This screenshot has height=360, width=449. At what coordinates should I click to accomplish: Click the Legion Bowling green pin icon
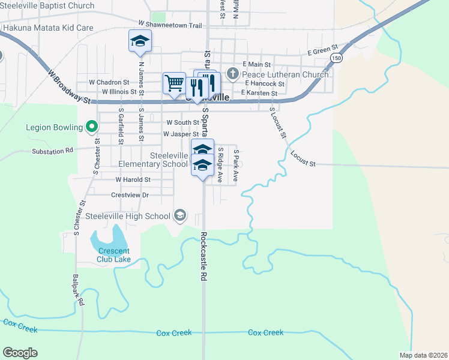tap(91, 127)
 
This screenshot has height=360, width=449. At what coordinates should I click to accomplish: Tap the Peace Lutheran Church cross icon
tap(232, 75)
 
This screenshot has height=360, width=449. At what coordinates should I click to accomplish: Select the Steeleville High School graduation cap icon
tap(179, 215)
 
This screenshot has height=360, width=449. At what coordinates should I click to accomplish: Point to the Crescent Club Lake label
tap(114, 255)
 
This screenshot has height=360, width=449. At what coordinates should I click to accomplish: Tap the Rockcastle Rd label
tap(204, 257)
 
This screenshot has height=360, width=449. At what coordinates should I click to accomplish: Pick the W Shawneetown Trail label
tap(170, 25)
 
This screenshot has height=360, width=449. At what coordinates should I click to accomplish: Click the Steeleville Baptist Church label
tap(47, 6)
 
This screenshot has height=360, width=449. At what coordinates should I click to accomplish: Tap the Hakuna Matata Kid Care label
tap(48, 28)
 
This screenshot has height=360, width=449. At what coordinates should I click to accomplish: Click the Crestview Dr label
tap(130, 195)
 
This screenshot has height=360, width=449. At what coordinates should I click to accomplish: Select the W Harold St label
tap(133, 179)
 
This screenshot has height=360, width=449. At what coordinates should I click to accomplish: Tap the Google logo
tap(20, 353)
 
